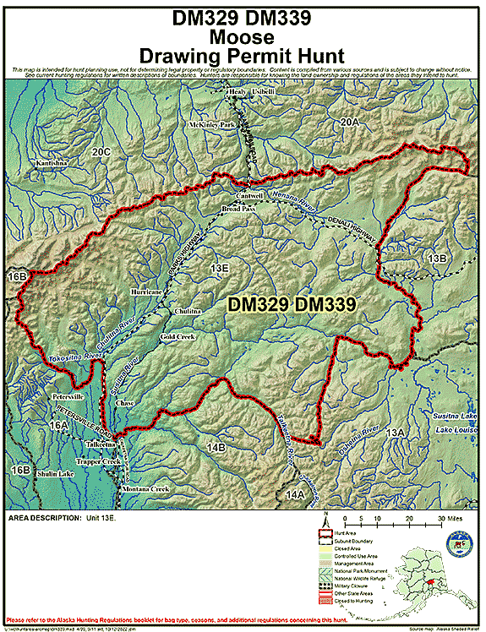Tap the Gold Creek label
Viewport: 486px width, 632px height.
pyautogui.click(x=177, y=336)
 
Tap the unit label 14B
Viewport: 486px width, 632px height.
pyautogui.click(x=216, y=446)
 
